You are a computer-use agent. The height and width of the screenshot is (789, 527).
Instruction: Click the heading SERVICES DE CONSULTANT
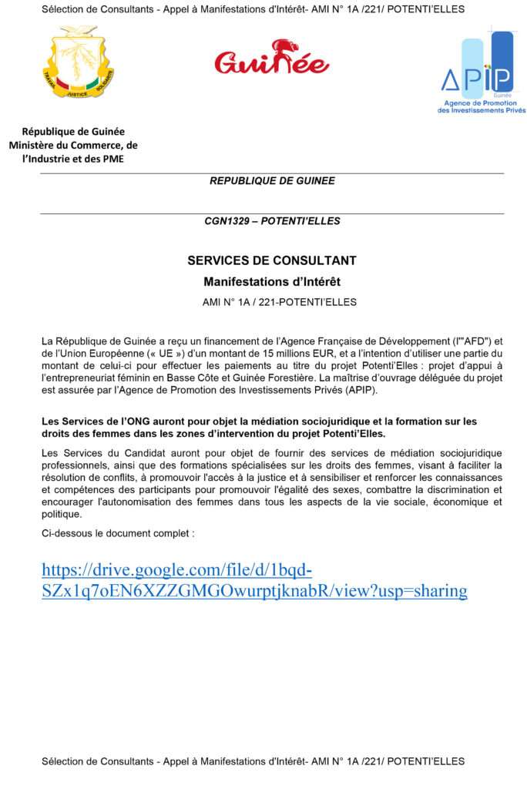point(272,260)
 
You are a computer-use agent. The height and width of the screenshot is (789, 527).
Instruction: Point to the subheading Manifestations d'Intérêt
point(272,282)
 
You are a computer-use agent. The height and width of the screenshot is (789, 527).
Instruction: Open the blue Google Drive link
point(254,581)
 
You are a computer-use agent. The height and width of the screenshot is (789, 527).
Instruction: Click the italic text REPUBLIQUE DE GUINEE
point(272,181)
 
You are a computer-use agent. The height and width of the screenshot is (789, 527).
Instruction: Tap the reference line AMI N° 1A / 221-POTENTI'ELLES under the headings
point(280,302)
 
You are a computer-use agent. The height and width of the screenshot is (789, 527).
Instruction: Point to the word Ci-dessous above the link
point(68,533)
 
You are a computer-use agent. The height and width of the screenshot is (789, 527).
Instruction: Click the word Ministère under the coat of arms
point(35,145)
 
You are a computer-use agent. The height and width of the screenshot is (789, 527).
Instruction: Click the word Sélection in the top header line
point(64,9)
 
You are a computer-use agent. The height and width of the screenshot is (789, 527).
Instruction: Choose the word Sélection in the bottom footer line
point(64,761)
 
